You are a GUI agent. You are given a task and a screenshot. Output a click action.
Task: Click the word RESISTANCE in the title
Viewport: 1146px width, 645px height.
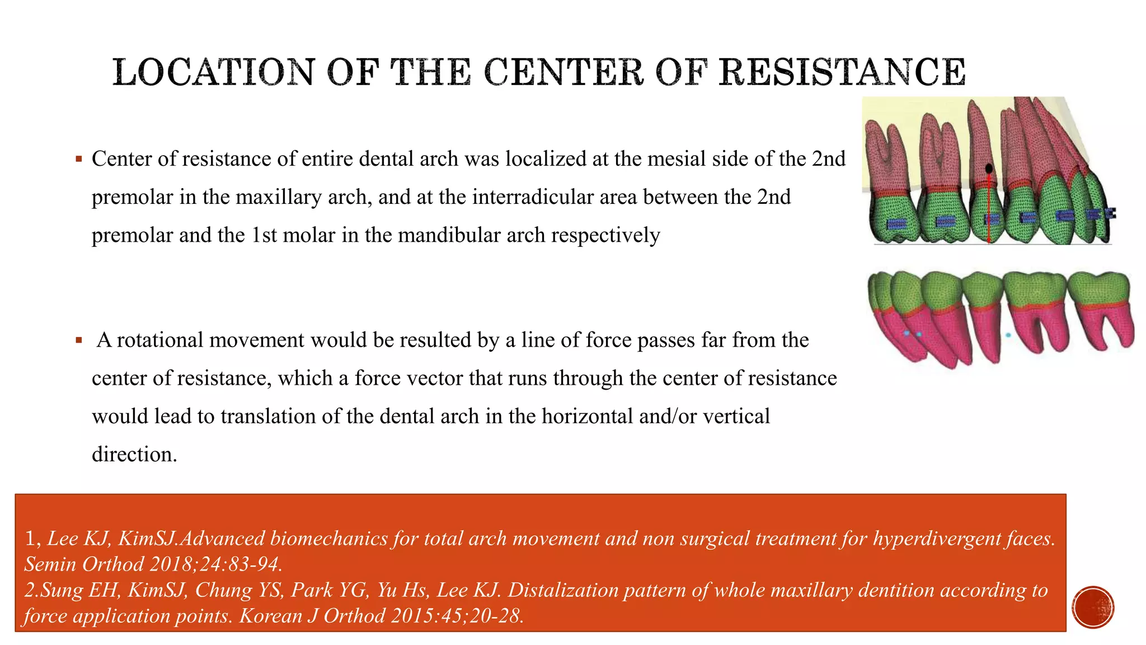pos(842,72)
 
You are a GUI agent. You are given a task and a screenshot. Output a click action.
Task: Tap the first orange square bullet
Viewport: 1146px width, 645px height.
pos(79,160)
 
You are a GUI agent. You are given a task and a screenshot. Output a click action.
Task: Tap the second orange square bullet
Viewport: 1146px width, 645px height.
pos(79,340)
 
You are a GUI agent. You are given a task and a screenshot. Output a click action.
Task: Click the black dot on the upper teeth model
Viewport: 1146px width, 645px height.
pos(989,169)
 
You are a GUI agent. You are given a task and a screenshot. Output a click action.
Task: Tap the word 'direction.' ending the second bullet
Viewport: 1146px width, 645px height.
pos(134,455)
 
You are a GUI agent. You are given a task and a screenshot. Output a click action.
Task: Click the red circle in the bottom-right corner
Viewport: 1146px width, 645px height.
pos(1093,607)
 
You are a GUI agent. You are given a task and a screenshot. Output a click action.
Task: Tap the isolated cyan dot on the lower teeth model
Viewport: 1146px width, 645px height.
pos(1008,335)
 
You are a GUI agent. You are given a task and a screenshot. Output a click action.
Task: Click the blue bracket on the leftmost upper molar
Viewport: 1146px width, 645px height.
pos(896,223)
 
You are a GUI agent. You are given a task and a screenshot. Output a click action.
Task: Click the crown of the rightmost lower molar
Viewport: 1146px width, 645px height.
pos(1098,288)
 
